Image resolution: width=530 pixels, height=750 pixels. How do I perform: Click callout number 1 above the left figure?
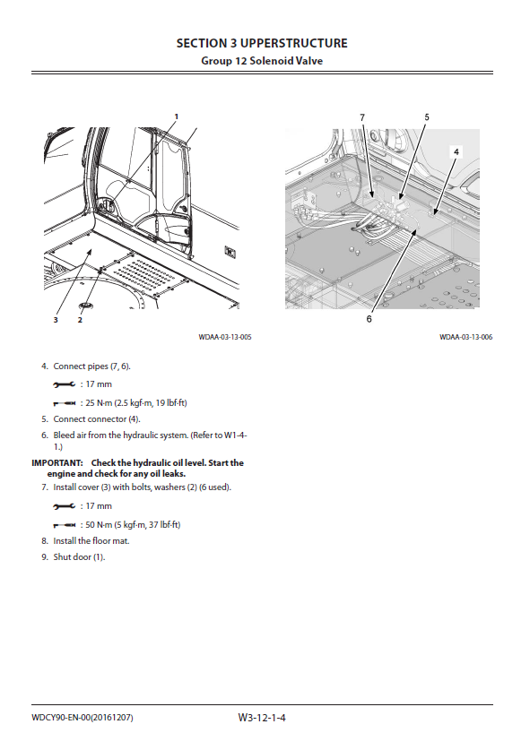[176, 116]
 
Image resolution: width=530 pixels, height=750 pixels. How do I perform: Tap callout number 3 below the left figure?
[56, 320]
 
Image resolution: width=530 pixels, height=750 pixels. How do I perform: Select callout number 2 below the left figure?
[80, 320]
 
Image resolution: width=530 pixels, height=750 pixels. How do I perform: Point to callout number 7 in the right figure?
[362, 117]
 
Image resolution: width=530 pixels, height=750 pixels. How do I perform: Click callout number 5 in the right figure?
[427, 117]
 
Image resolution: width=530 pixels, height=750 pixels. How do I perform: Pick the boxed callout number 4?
[456, 151]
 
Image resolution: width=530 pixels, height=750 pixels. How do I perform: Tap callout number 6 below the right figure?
[369, 319]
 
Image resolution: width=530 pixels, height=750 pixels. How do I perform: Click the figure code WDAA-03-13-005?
[225, 337]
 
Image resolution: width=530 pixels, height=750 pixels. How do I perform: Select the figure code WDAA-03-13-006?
[465, 337]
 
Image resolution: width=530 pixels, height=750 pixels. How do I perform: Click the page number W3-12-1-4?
[262, 718]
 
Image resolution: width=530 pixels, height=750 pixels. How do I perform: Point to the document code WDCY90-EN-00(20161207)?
[83, 718]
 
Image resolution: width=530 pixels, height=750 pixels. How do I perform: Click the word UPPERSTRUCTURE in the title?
[294, 43]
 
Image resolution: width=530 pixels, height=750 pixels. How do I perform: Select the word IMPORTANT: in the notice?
[57, 462]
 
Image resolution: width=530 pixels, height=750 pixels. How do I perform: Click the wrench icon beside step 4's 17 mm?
[65, 384]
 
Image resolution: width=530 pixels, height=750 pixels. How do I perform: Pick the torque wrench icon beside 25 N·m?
[65, 403]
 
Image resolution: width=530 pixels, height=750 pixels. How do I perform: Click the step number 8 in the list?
[45, 541]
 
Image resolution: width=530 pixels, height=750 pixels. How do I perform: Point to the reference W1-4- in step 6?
[236, 435]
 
